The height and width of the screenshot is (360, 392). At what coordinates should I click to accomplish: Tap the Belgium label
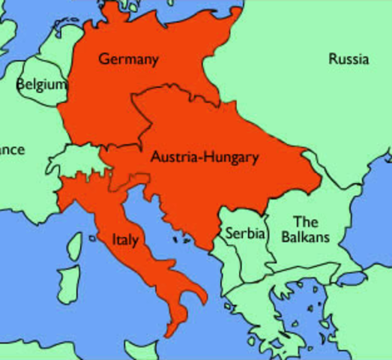pos(40,84)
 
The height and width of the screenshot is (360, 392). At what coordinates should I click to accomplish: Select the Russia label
pos(349,59)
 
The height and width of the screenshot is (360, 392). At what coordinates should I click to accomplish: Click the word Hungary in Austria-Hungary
pos(230,157)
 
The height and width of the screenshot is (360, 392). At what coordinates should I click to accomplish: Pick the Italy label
pos(124,239)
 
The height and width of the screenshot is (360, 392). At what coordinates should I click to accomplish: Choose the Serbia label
pos(246,233)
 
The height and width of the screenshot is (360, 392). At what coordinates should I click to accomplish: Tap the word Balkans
pos(305,237)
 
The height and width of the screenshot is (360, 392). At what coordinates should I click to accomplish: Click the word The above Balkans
pos(305,222)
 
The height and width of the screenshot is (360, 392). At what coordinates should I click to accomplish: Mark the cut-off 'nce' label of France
pos(11,150)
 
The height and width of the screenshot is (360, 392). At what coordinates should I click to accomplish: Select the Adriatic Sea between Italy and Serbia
pos(161,221)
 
